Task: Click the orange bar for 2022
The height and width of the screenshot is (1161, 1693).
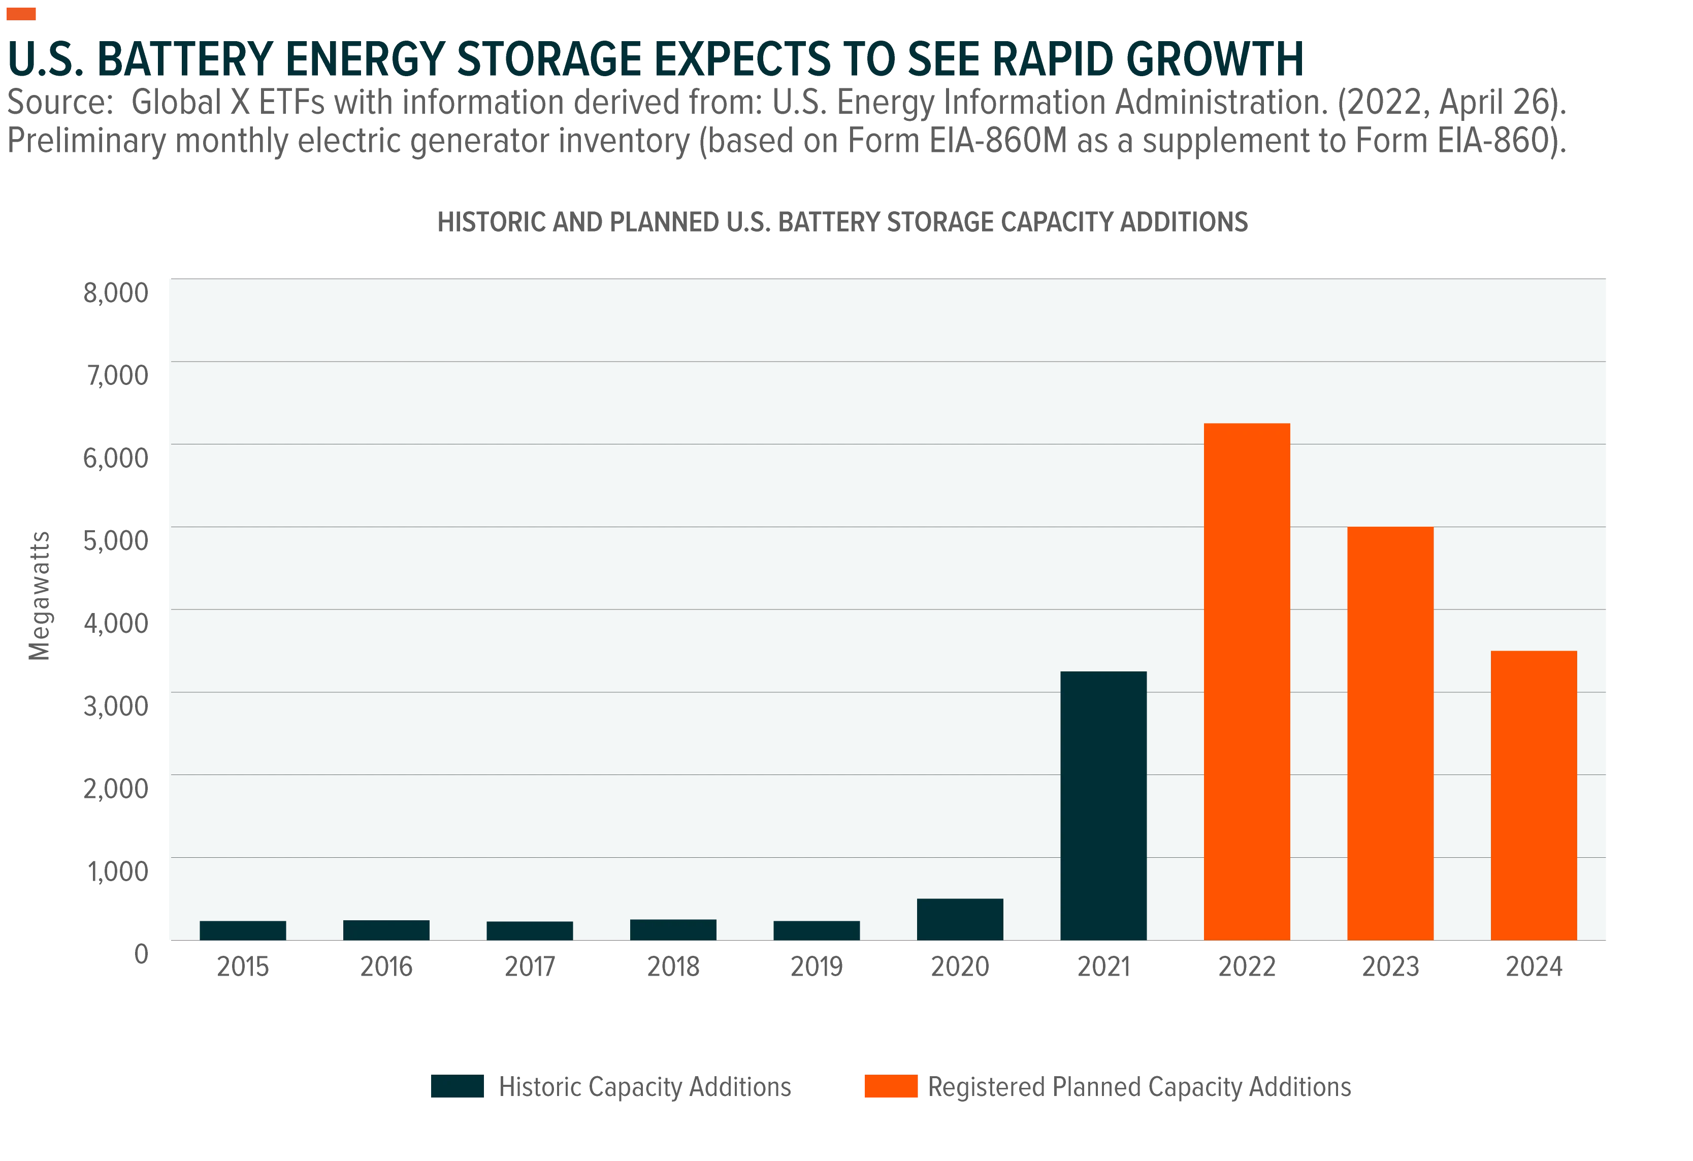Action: coord(1247,682)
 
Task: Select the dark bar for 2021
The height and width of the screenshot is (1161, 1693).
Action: coord(1103,805)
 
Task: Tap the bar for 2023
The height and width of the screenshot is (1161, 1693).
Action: coord(1390,733)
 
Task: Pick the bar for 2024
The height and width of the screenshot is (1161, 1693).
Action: coord(1534,795)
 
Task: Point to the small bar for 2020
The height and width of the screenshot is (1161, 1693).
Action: coord(959,919)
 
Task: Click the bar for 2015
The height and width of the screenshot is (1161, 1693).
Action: coord(243,931)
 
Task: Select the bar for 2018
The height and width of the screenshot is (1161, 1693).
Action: coord(673,930)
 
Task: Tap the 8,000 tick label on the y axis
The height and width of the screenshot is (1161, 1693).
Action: coord(115,292)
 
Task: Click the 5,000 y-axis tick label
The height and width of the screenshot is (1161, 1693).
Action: coord(115,540)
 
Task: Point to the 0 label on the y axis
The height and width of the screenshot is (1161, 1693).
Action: coord(141,953)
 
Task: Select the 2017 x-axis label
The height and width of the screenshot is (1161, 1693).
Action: coord(530,966)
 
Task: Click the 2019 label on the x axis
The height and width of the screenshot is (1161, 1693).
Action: coord(817,966)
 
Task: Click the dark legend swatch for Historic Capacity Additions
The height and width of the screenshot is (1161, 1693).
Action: coord(458,1086)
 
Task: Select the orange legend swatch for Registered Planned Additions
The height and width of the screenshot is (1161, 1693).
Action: coord(891,1086)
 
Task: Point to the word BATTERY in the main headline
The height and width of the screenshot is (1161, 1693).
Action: coord(184,59)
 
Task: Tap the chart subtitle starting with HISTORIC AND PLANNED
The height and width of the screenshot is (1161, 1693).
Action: coord(842,221)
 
